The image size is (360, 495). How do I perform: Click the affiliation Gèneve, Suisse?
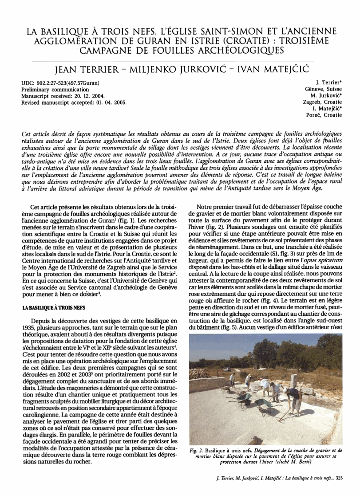(323, 89)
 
